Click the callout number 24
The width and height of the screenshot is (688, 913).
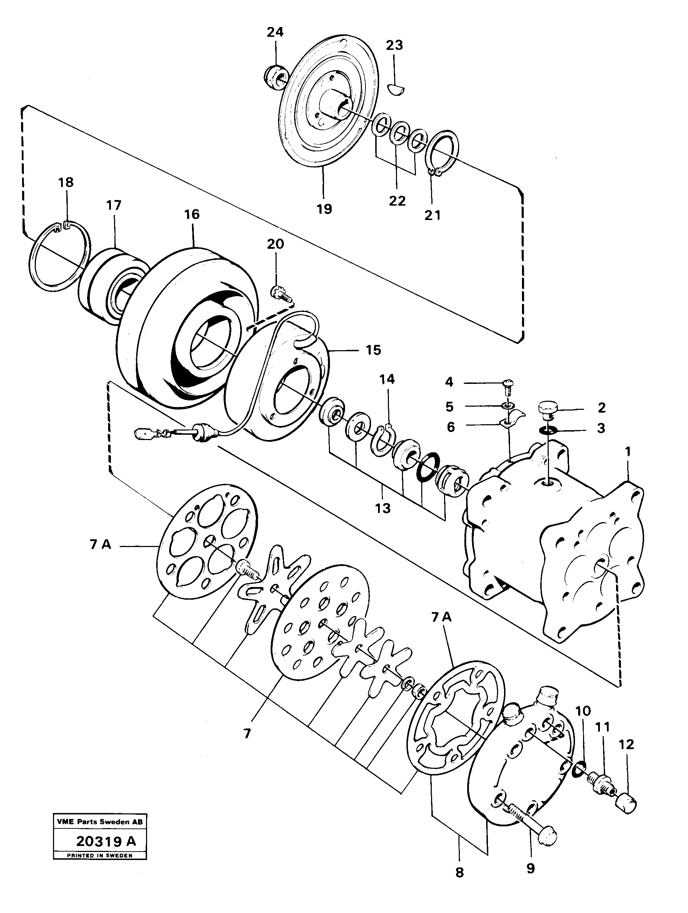click(x=275, y=32)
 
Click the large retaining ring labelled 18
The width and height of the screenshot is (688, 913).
click(x=60, y=256)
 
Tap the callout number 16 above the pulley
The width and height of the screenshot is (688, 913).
click(x=192, y=214)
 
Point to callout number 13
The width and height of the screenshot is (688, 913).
click(x=383, y=508)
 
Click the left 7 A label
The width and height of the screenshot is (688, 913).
click(x=101, y=545)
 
